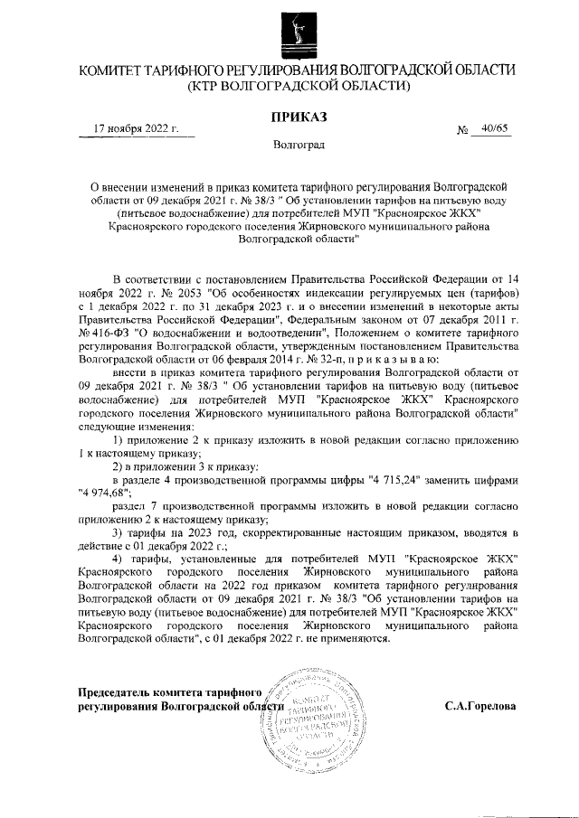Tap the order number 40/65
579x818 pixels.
(x=495, y=128)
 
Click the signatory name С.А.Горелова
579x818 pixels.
(x=479, y=706)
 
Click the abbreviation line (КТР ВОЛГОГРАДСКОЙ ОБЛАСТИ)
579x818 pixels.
(x=298, y=87)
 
